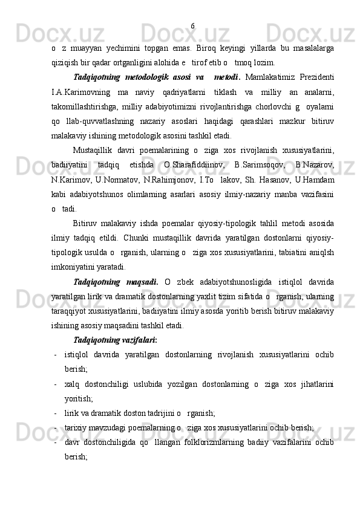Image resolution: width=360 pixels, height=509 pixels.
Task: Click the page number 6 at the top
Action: [192, 25]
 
